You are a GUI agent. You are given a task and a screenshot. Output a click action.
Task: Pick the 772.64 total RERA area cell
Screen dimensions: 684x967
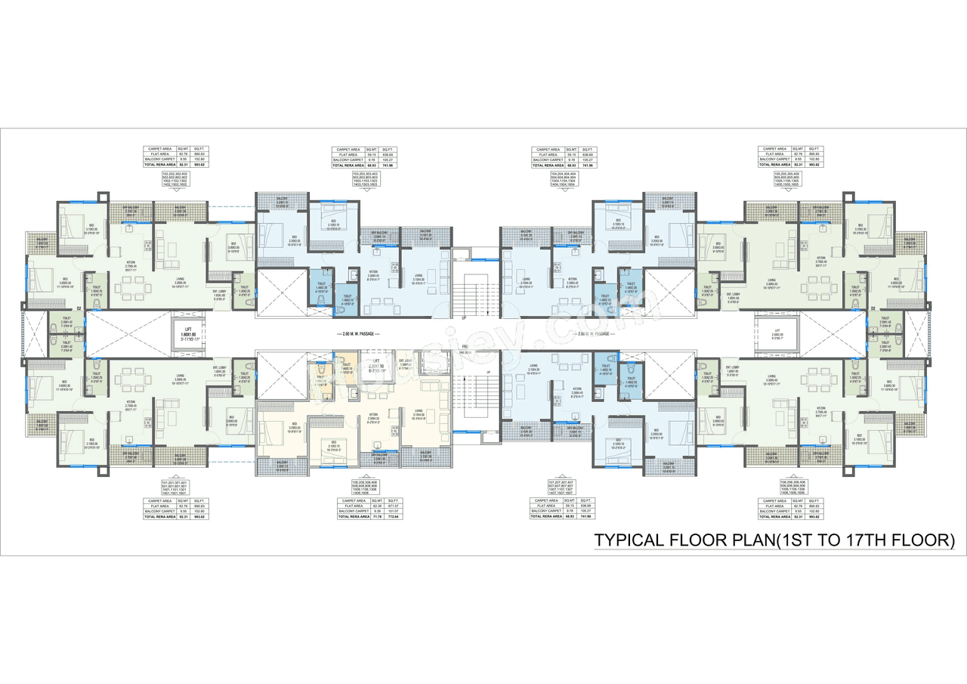point(389,517)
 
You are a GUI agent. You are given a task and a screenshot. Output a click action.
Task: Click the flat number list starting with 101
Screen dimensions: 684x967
point(175,487)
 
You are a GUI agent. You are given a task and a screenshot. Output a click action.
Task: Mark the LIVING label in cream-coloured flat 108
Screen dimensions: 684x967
point(419,416)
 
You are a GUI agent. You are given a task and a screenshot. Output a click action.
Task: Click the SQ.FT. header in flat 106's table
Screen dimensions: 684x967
point(814,501)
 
